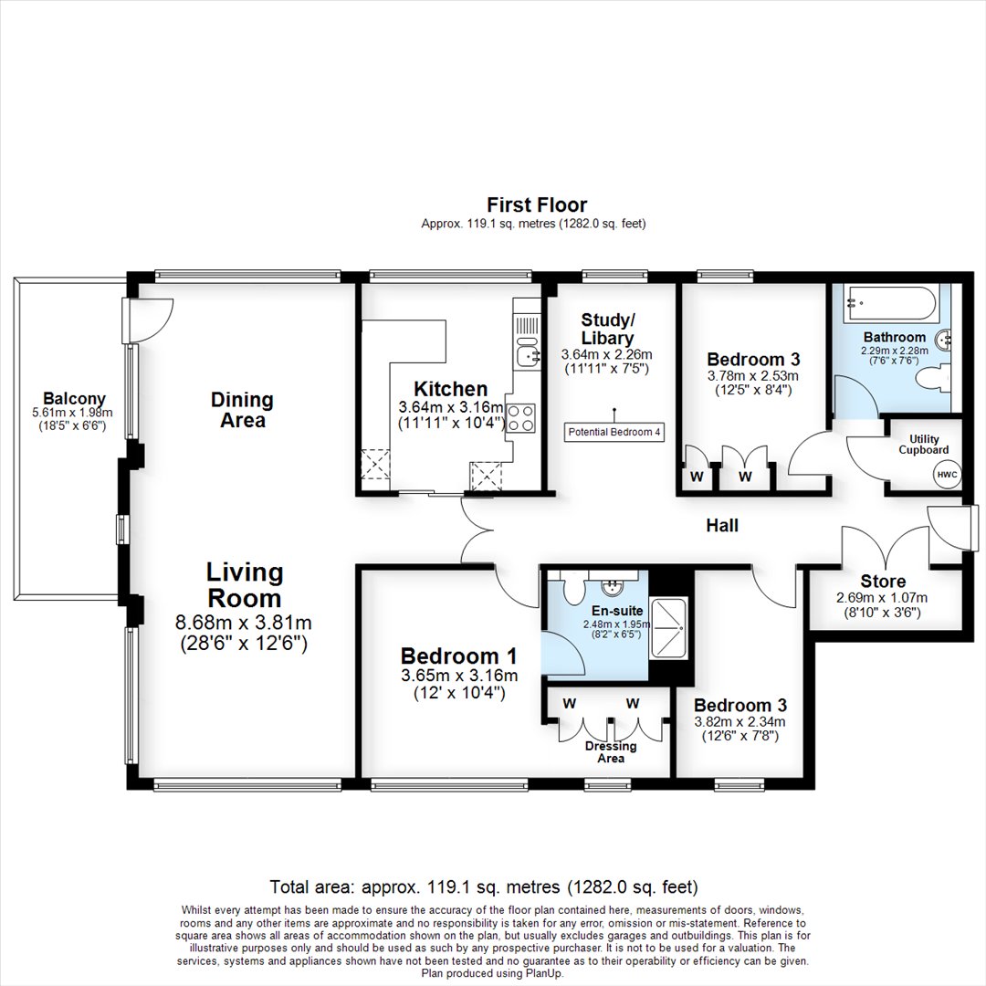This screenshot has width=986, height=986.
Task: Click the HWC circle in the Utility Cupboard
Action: [x=947, y=474]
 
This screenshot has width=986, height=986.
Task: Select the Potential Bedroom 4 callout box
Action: [x=614, y=432]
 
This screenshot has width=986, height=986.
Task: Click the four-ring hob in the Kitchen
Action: [x=520, y=418]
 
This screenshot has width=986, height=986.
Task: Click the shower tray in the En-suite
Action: [x=669, y=628]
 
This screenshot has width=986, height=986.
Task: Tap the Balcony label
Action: [x=74, y=398]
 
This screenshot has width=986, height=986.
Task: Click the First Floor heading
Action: [x=537, y=205]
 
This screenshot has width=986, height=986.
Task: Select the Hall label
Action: [x=722, y=525]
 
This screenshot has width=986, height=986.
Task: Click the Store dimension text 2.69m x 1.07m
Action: [x=882, y=597]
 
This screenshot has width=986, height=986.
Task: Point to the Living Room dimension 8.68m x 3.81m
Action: [x=244, y=623]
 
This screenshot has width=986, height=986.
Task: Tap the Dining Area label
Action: [x=242, y=409]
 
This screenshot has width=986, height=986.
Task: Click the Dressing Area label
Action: [x=611, y=752]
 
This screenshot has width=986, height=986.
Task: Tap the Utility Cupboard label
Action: [x=924, y=444]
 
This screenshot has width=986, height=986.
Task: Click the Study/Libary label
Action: [x=607, y=329]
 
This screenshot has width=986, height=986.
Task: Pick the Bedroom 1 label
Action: [x=458, y=656]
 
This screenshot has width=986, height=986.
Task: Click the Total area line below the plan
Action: [x=484, y=886]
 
